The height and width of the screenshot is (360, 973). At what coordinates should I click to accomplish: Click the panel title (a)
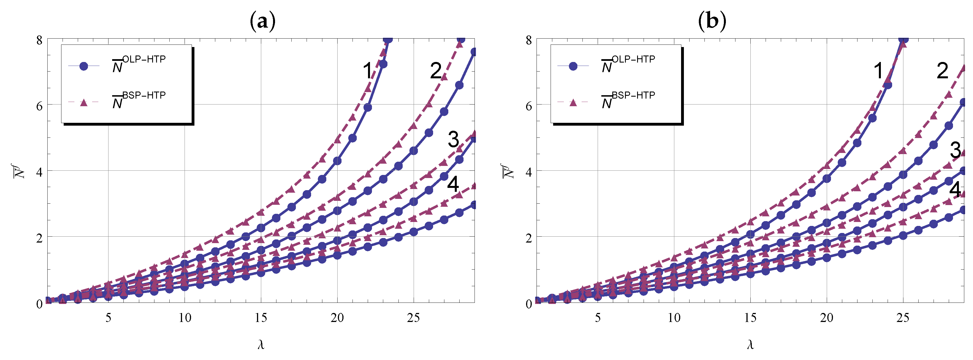[263, 21]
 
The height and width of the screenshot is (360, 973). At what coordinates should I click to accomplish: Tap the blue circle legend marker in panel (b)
[573, 66]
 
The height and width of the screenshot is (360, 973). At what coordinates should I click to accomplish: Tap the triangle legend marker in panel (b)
[573, 102]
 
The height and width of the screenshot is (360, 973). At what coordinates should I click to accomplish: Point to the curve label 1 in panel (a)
[367, 71]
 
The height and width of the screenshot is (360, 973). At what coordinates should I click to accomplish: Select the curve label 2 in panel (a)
[436, 71]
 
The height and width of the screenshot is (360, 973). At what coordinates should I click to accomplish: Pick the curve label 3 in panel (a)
[453, 139]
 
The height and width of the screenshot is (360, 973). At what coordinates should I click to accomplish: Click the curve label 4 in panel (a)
[453, 184]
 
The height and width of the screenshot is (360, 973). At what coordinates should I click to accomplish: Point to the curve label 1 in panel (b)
[879, 71]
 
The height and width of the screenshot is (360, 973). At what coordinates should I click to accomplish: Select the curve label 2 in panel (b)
[942, 71]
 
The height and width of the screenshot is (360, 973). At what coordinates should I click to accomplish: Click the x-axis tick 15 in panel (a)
[261, 318]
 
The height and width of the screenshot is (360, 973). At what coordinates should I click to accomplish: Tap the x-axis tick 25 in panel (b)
[903, 318]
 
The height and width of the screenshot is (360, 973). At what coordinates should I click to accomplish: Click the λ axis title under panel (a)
[261, 345]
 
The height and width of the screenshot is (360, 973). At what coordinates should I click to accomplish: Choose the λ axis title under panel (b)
[750, 345]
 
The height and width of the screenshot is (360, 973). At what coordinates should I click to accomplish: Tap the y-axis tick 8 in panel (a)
[39, 40]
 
